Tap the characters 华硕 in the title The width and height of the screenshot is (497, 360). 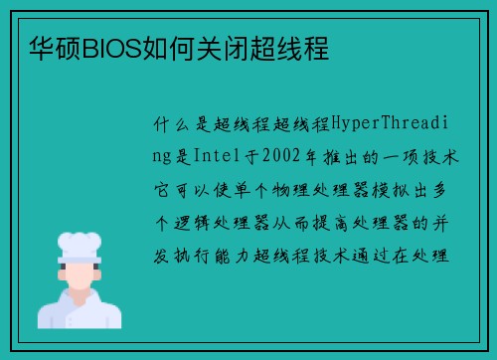[54, 48]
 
